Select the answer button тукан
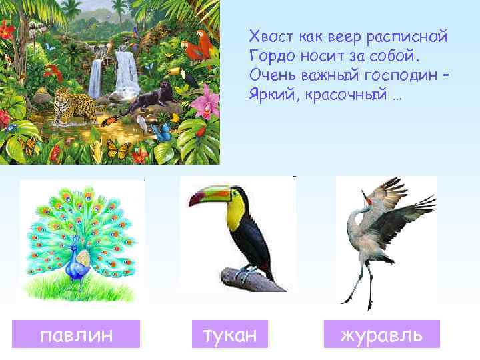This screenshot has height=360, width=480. [x=229, y=334]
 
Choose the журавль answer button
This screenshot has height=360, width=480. [x=381, y=334]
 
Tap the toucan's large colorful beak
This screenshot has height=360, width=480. [x=207, y=198]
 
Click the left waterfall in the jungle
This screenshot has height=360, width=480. [x=97, y=77]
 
